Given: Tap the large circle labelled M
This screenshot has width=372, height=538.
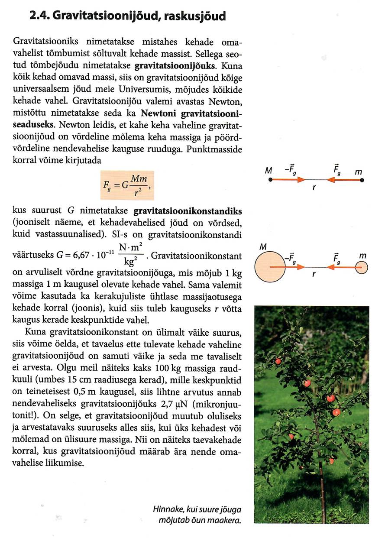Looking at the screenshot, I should point(270,267).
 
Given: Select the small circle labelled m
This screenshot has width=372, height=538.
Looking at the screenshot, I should point(362,268).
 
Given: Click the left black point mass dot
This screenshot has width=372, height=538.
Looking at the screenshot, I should point(270,180).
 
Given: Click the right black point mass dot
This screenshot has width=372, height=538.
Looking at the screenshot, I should point(362,180).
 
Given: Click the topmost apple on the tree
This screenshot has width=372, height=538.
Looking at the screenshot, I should point(278,361).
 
